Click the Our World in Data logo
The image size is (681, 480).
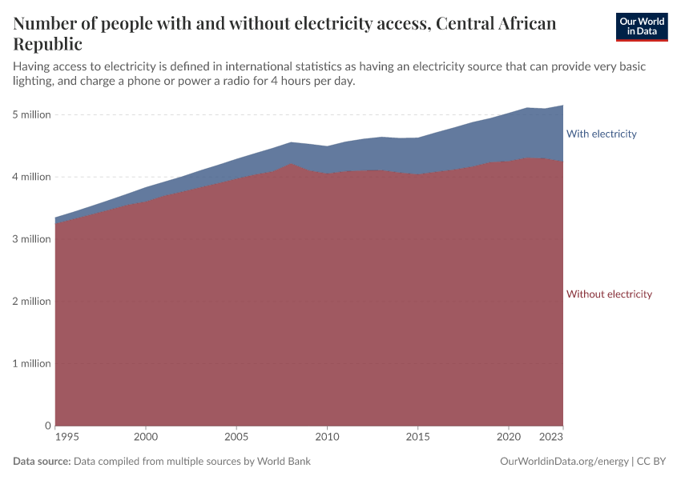(641, 26)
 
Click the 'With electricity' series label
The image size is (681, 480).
(601, 134)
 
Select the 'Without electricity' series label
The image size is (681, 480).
(609, 294)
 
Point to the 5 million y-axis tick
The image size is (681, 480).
(32, 114)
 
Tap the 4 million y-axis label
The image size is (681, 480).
(32, 177)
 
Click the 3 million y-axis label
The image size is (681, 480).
(32, 239)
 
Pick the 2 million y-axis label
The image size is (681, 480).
(32, 302)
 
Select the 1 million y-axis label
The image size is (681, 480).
(32, 363)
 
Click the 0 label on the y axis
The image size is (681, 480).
(48, 426)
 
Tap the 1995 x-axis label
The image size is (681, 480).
(67, 438)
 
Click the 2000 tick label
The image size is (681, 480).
(146, 438)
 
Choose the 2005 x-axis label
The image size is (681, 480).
(236, 438)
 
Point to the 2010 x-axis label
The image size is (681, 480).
(327, 438)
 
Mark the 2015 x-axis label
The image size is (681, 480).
(417, 438)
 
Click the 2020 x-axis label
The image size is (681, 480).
(508, 438)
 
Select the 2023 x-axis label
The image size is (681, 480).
(551, 438)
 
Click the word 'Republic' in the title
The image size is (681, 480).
(47, 44)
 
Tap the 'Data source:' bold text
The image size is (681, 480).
(42, 462)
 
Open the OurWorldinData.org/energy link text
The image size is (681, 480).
(564, 462)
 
